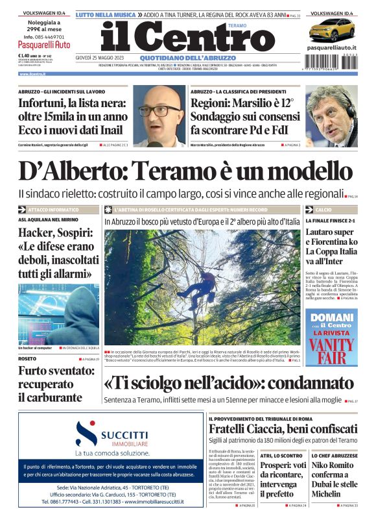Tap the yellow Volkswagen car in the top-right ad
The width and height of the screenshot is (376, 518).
point(331,30)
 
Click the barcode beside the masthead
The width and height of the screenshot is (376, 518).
point(331,64)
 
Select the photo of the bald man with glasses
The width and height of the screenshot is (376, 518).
point(159,116)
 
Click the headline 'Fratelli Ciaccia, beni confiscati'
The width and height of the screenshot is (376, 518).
point(282,428)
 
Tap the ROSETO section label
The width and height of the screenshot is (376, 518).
point(27,358)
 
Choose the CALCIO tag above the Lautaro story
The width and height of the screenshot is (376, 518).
point(323,210)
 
